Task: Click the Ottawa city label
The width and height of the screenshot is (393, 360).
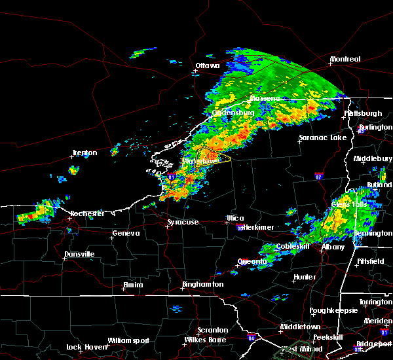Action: [208, 65]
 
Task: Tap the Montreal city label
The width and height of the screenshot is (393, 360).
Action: [345, 60]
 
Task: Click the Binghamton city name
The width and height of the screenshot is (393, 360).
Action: [203, 285]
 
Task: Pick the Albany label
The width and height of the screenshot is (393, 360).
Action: [333, 247]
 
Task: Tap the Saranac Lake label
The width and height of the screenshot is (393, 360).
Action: [322, 138]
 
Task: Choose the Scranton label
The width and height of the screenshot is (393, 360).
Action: [213, 330]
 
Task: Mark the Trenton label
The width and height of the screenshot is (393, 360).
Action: [84, 153]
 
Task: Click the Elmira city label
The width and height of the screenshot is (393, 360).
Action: [134, 285]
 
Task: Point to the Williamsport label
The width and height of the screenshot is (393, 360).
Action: [129, 340]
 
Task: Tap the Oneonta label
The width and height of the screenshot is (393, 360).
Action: [252, 262]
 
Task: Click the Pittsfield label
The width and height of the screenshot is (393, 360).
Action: [371, 261]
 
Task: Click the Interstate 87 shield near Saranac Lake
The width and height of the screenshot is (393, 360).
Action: [318, 176]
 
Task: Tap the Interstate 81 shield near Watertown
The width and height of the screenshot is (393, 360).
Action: [171, 177]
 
